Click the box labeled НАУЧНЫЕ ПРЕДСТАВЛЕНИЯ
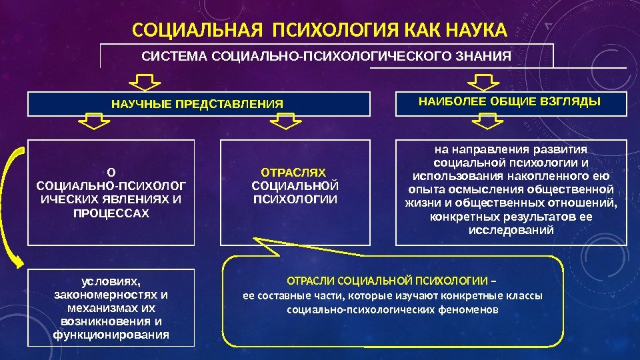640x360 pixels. pos(197,104)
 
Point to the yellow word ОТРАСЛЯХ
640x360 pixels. pos(293,172)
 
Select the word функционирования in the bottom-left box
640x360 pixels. pos(111,334)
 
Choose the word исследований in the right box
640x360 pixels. pos(511,230)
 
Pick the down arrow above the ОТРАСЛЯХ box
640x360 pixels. pos(287,122)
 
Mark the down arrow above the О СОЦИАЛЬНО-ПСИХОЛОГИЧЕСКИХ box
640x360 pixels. pos(95,122)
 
